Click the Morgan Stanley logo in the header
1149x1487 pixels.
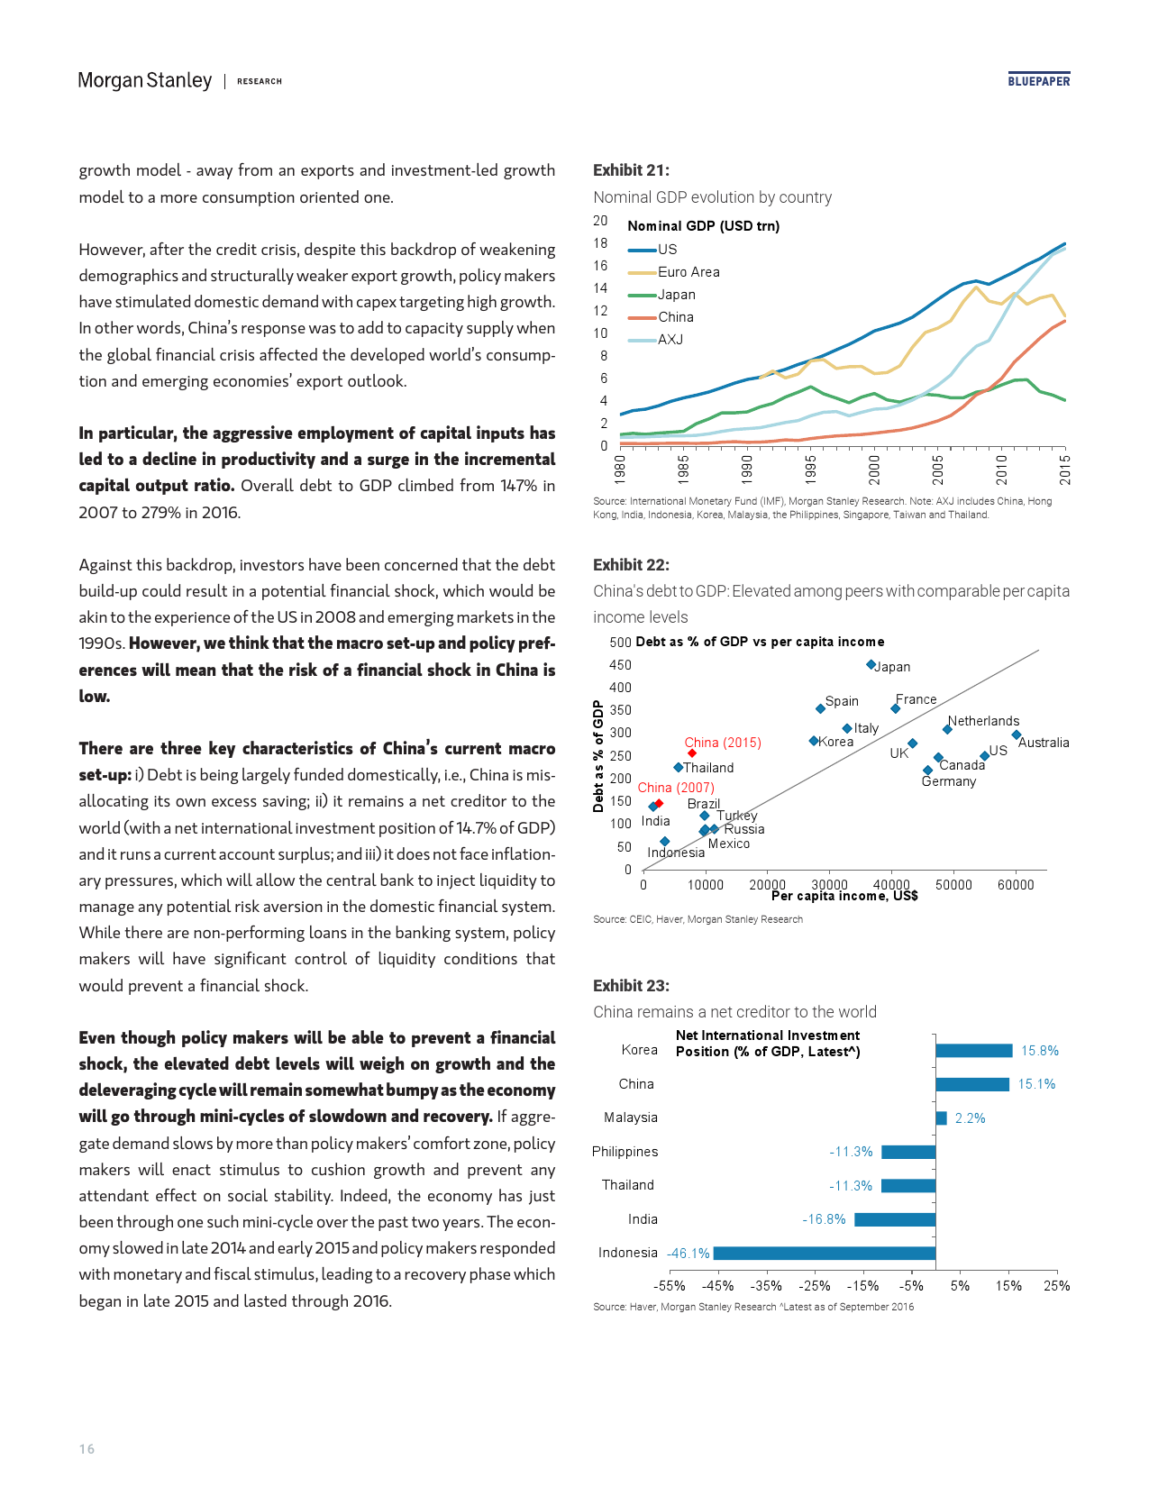click(145, 80)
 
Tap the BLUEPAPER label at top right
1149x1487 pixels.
click(1039, 81)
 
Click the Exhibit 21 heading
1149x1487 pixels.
click(631, 170)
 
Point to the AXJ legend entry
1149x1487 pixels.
click(670, 340)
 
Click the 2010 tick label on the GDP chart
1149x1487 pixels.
click(1001, 470)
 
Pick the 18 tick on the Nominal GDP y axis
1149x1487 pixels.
click(600, 243)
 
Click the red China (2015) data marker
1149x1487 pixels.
click(691, 753)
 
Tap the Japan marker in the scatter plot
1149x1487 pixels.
click(871, 665)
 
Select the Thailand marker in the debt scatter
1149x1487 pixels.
click(678, 768)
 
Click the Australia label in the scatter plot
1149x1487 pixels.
click(1044, 743)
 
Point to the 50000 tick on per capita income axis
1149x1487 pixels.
click(953, 885)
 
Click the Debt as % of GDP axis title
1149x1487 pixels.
click(598, 756)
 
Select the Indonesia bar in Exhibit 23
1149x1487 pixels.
click(824, 1253)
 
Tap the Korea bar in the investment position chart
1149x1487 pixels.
click(973, 1051)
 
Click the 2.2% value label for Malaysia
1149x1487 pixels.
click(970, 1118)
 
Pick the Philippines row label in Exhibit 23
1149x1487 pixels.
click(625, 1152)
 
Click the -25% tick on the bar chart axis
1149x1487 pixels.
click(815, 1286)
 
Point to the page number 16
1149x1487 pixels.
click(87, 1449)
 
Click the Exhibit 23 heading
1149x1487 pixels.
click(631, 986)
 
